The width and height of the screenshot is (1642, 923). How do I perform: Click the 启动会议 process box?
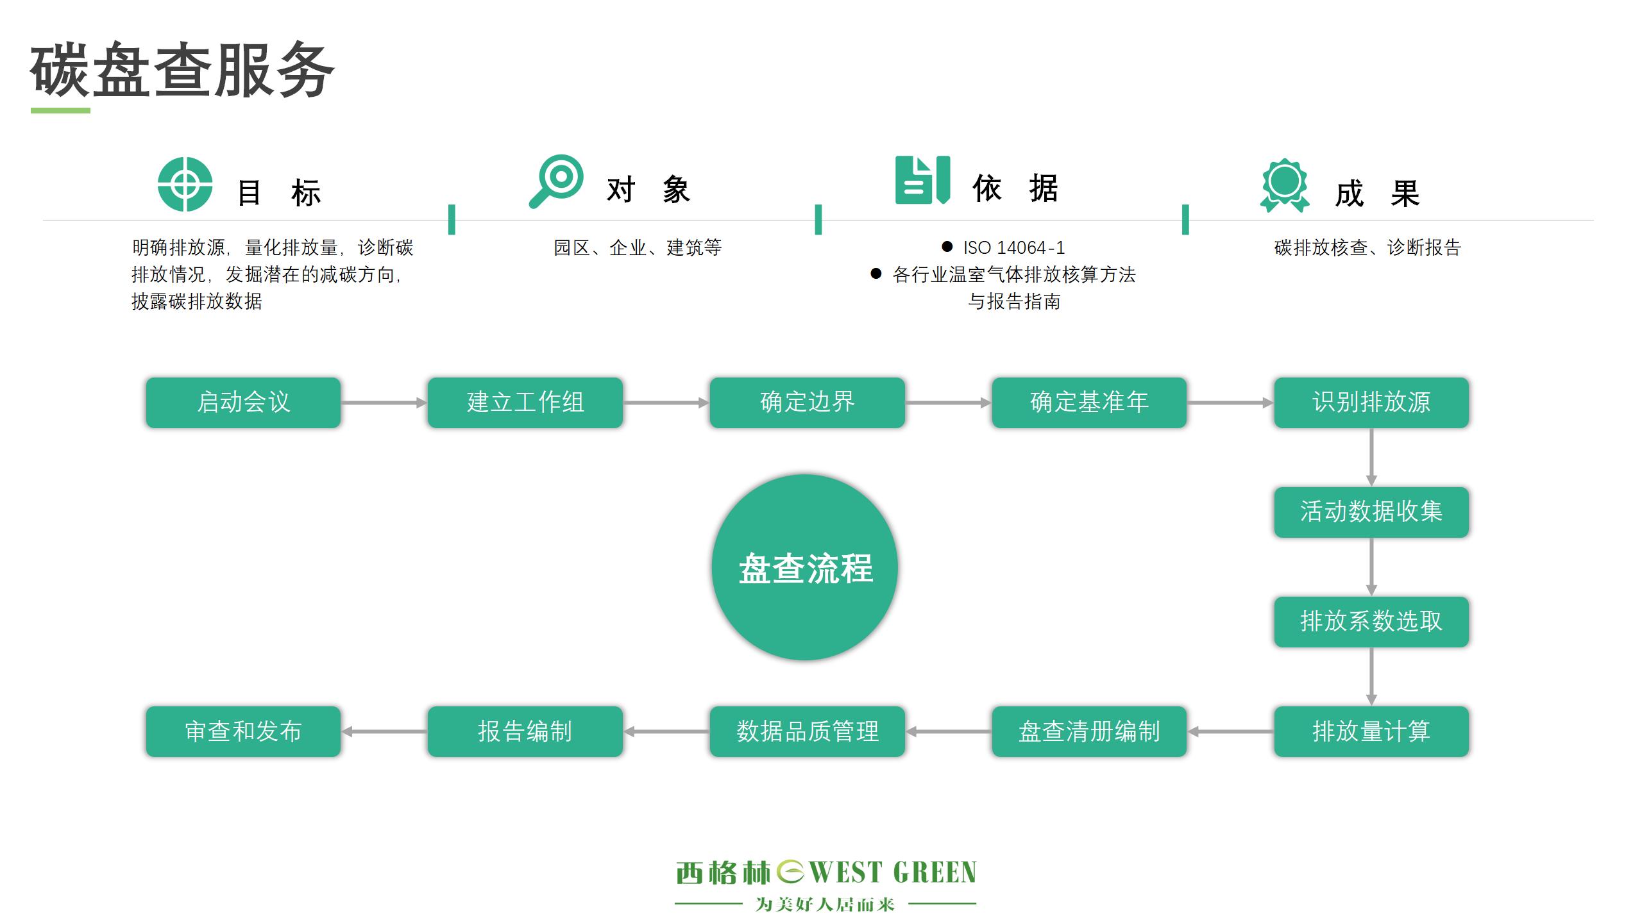(x=243, y=403)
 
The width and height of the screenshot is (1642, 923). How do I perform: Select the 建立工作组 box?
(x=525, y=403)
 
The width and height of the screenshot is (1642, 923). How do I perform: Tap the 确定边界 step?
(x=807, y=403)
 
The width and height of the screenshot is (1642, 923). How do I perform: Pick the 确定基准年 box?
(x=1089, y=403)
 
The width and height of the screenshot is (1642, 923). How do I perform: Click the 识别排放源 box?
(x=1371, y=403)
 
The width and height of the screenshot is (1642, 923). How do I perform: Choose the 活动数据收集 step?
(x=1371, y=512)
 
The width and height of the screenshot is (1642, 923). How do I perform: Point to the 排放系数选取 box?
(x=1371, y=622)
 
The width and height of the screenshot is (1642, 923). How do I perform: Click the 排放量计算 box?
(x=1371, y=731)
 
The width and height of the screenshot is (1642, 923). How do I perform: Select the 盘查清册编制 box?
(x=1089, y=731)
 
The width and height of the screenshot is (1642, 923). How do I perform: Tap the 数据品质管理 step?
(x=807, y=731)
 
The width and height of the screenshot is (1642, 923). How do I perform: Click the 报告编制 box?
(x=525, y=731)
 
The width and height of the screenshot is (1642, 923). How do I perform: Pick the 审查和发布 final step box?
(x=243, y=731)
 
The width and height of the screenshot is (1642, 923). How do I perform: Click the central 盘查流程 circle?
(x=805, y=567)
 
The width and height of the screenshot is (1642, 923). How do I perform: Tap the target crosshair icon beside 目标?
(x=185, y=184)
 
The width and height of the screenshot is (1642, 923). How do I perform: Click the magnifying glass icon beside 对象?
(x=557, y=181)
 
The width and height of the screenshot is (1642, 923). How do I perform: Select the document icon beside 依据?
(x=922, y=180)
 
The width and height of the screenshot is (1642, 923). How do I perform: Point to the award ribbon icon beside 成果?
(x=1284, y=185)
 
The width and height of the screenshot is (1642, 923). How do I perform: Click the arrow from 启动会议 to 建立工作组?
(x=384, y=403)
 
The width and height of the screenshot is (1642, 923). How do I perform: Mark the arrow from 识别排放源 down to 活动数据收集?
(x=1371, y=457)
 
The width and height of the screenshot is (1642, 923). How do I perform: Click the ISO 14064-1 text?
(x=1013, y=247)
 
